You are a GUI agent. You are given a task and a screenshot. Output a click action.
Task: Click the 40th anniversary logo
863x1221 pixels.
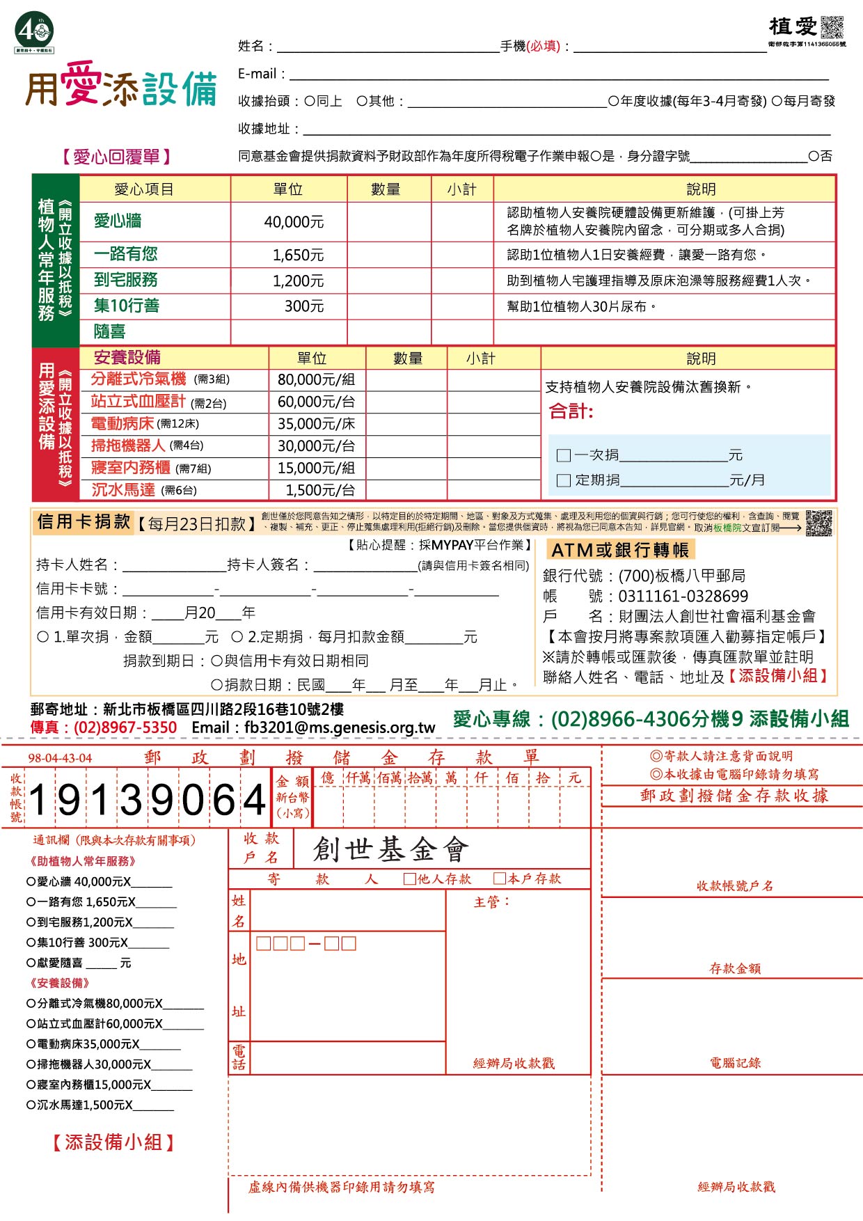pyautogui.click(x=34, y=32)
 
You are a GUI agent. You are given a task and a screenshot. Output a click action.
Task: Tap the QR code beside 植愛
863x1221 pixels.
pyautogui.click(x=832, y=27)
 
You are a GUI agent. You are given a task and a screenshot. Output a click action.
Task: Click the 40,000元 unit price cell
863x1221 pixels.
pyautogui.click(x=294, y=222)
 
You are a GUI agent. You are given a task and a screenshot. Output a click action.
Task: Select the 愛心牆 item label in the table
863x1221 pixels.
pyautogui.click(x=118, y=221)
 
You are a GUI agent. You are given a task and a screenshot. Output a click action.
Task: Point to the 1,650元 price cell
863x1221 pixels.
pyautogui.click(x=298, y=255)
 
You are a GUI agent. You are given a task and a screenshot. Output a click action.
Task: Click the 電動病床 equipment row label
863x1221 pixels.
pyautogui.click(x=122, y=424)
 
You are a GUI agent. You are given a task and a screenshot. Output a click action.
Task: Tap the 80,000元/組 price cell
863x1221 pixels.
pyautogui.click(x=316, y=380)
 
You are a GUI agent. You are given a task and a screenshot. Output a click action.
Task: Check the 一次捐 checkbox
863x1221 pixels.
pyautogui.click(x=564, y=456)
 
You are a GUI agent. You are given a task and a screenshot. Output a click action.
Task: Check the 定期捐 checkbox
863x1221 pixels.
pyautogui.click(x=564, y=480)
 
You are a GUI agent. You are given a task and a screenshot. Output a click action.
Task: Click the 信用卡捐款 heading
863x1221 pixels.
pyautogui.click(x=84, y=522)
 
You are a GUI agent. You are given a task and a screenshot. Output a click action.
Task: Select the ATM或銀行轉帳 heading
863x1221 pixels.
pyautogui.click(x=619, y=551)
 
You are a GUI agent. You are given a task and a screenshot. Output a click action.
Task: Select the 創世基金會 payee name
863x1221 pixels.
pyautogui.click(x=391, y=850)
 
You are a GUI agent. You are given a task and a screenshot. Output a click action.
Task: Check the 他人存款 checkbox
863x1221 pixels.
pyautogui.click(x=411, y=879)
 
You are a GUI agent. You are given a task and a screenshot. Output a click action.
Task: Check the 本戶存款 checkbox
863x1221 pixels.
pyautogui.click(x=500, y=879)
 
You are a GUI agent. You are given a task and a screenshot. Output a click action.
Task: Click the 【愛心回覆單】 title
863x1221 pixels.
pyautogui.click(x=116, y=157)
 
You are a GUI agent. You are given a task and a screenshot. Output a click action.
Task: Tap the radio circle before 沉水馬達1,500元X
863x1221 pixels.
pyautogui.click(x=31, y=1105)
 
